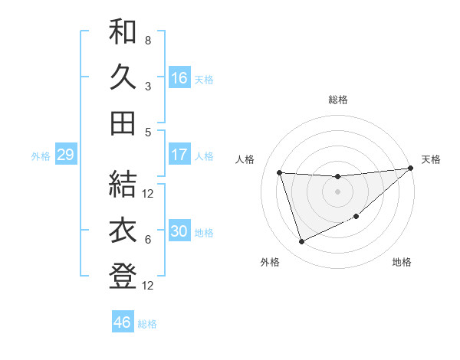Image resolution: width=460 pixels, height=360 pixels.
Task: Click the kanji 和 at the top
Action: [x=123, y=33]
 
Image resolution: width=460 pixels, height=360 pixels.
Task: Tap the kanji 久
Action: [x=123, y=77]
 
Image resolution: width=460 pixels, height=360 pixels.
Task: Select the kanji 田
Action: [x=123, y=123]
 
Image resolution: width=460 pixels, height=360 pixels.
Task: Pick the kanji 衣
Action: [x=123, y=231]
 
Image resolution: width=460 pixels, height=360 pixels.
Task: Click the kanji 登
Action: [x=123, y=276]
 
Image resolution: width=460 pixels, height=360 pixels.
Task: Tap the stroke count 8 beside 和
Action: [x=148, y=40]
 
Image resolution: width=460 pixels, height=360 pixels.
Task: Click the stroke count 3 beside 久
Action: [x=148, y=86]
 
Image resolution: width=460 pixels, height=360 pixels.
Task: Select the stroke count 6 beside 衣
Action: [x=148, y=240]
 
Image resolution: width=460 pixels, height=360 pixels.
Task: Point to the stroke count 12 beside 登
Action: [x=149, y=286]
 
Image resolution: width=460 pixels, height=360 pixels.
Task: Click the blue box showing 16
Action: [x=179, y=78]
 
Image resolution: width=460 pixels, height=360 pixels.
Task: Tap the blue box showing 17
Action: [x=179, y=155]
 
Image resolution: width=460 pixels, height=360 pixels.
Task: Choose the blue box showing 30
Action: [x=179, y=231]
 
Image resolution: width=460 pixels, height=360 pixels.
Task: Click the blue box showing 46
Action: [x=122, y=322]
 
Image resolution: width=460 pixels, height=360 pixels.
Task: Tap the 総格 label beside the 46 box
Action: [x=148, y=324]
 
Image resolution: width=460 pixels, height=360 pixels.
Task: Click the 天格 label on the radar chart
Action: [x=431, y=159]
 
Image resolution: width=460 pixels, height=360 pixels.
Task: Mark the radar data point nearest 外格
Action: [x=301, y=242]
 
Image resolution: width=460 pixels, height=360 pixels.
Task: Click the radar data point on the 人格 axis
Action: [x=280, y=172]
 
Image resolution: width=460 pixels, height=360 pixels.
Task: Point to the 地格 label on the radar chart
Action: [x=402, y=263]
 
